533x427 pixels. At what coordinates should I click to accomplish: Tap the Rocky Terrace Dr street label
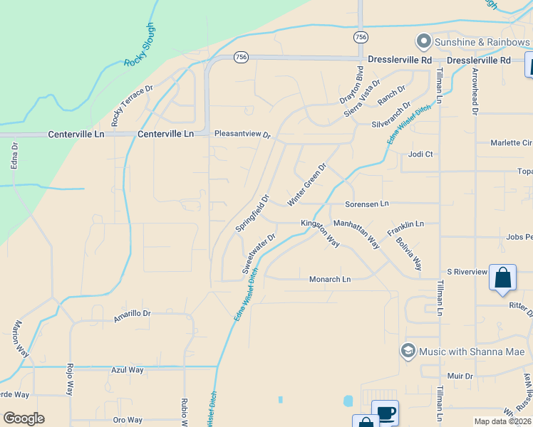pyautogui.click(x=133, y=103)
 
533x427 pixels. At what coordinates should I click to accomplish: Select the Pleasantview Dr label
pyautogui.click(x=243, y=134)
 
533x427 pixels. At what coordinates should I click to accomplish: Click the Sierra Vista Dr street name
pyautogui.click(x=363, y=99)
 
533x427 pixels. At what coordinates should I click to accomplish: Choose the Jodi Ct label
pyautogui.click(x=420, y=154)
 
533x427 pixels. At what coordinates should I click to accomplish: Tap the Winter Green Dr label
pyautogui.click(x=307, y=185)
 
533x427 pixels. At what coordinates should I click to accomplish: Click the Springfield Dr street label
pyautogui.click(x=253, y=213)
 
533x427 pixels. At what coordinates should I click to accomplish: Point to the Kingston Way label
pyautogui.click(x=320, y=232)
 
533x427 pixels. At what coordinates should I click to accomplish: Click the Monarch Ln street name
pyautogui.click(x=330, y=279)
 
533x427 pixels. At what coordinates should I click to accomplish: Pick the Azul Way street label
pyautogui.click(x=128, y=370)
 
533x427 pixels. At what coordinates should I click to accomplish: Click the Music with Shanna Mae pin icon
pyautogui.click(x=408, y=351)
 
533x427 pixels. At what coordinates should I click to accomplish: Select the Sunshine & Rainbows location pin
pyautogui.click(x=423, y=41)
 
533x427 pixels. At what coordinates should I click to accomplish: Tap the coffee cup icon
pyautogui.click(x=385, y=413)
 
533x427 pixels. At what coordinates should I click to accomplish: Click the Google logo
pyautogui.click(x=24, y=418)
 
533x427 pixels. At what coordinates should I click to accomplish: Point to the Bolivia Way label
pyautogui.click(x=409, y=254)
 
